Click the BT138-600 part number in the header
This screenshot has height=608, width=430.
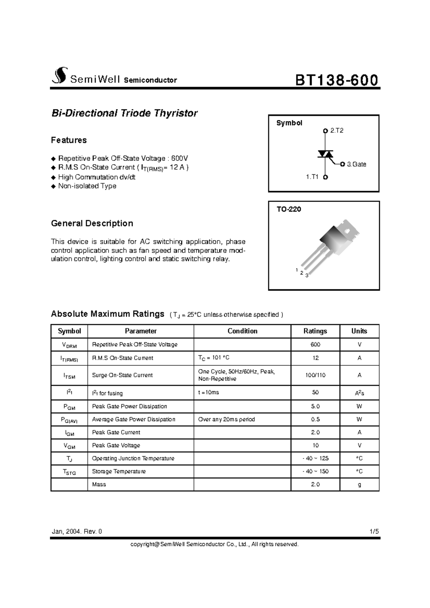pos(336,80)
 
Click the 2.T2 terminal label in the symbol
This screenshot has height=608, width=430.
pos(336,131)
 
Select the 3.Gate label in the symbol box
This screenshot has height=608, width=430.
pos(356,164)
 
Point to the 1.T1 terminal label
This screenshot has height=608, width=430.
pos(312,177)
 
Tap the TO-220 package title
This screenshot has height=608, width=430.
pos(288,209)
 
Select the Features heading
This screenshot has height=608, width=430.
pos(69,140)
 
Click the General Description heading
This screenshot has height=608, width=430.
pos(92,223)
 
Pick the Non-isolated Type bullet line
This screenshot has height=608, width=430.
pos(87,186)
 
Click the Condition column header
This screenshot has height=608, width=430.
pos(242,331)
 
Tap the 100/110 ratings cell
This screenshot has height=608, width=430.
pos(315,375)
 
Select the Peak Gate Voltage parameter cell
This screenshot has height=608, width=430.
pos(116,445)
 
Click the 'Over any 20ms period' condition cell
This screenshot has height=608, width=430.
pos(226,419)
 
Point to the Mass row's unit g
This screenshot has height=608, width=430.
pos(359,484)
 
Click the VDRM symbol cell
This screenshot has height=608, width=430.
pos(69,345)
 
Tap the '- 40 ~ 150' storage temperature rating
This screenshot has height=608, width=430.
pos(315,471)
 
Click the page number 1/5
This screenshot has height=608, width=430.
pos(374,531)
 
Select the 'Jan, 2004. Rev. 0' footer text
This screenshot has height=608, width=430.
pos(77,531)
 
